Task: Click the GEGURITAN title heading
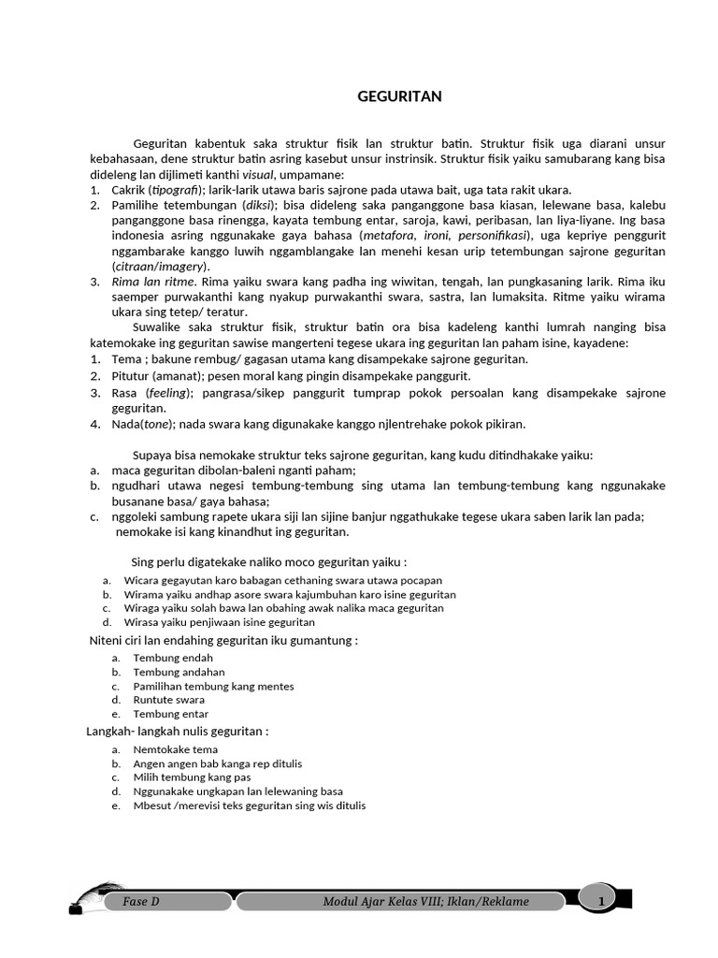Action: tap(400, 96)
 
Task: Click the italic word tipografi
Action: tap(188, 190)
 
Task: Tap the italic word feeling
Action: tap(167, 393)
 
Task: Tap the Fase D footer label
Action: tap(141, 902)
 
